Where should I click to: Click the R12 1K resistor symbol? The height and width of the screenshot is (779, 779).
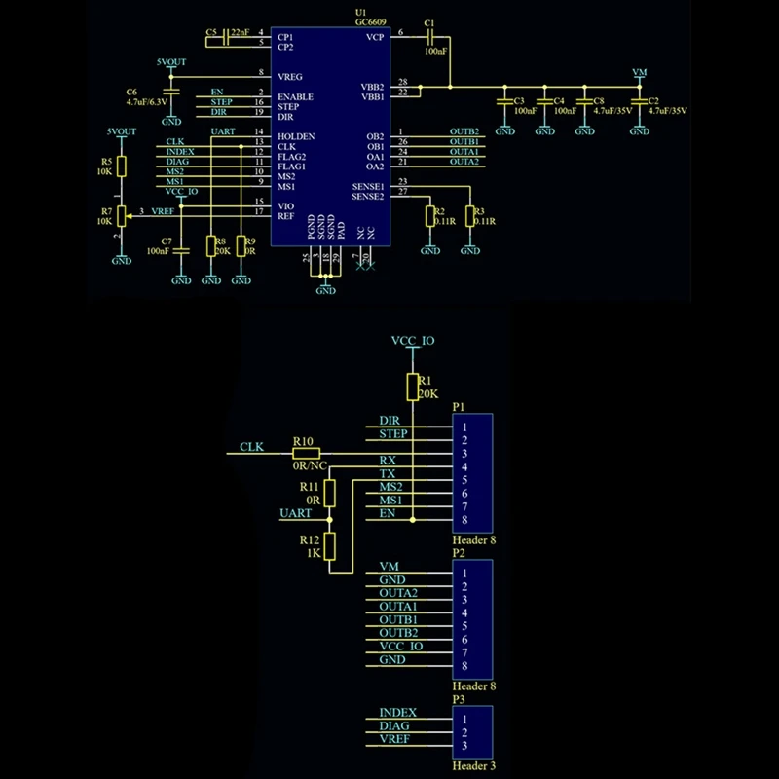tap(330, 546)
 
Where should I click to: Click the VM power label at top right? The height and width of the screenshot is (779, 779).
tap(639, 72)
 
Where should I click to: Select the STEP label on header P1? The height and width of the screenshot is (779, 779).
tap(393, 433)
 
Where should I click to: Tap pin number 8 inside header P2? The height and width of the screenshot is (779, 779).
tap(465, 666)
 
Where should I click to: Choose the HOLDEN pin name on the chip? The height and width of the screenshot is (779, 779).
tap(295, 136)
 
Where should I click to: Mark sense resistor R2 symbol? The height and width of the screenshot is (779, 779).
tap(429, 216)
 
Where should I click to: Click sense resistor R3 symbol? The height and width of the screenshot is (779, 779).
tap(469, 216)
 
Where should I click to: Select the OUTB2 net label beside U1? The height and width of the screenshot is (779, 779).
tap(464, 131)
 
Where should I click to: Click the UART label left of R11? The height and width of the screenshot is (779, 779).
tap(295, 512)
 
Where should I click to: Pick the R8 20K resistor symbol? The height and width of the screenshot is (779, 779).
tap(211, 246)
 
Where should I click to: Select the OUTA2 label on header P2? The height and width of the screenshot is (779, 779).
tap(397, 593)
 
